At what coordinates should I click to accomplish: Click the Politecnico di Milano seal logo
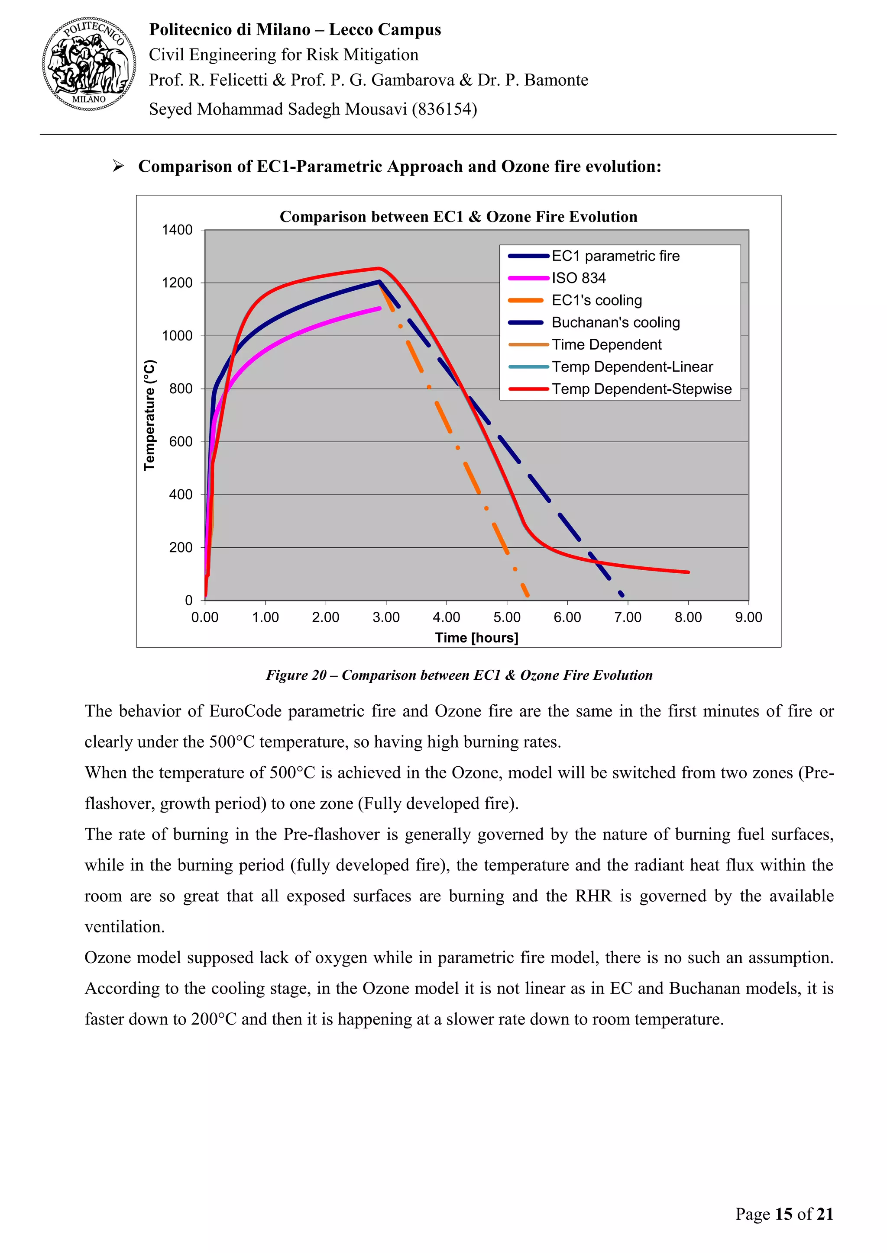click(89, 64)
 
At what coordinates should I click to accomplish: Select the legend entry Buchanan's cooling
click(615, 322)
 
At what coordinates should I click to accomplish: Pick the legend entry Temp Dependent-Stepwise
click(641, 389)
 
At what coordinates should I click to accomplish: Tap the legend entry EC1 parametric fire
click(615, 256)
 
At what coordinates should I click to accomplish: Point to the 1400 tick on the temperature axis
click(177, 230)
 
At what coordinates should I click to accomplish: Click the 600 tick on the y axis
click(181, 441)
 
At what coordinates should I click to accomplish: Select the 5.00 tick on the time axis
click(507, 617)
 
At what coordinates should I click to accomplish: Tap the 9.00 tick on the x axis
click(748, 617)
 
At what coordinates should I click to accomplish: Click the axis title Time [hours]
click(476, 637)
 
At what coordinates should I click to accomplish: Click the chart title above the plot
click(458, 217)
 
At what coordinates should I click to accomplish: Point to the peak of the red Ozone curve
click(379, 268)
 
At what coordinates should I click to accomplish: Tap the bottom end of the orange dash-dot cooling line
click(528, 595)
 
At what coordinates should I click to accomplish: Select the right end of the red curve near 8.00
click(688, 572)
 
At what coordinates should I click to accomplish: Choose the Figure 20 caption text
click(459, 675)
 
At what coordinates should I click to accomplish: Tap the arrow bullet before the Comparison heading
click(118, 166)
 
